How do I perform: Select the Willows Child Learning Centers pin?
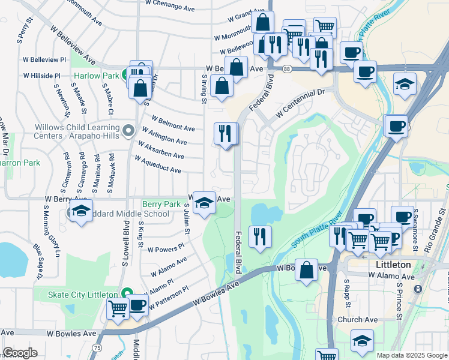coord(127,130)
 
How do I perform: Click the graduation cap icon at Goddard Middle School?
coord(80,211)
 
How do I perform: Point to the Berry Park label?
coord(161,204)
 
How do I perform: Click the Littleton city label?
coord(393,265)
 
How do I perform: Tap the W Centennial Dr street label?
coord(300,104)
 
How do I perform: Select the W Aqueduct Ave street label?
coord(158,165)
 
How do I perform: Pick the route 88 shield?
coord(287,70)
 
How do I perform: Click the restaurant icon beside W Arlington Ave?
coord(226,133)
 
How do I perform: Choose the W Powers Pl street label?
coord(166,249)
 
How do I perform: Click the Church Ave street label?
coord(357,320)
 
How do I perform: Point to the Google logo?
coord(20,353)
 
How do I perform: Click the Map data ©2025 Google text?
coord(411,355)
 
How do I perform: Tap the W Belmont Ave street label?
coord(173,124)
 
